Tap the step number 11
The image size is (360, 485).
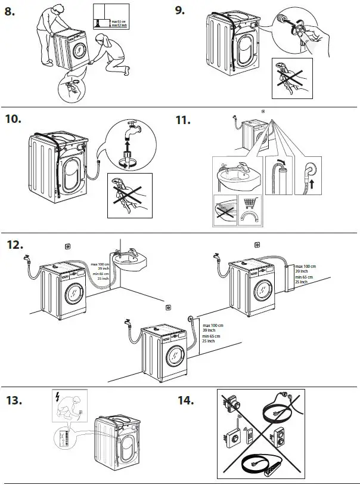click(x=183, y=121)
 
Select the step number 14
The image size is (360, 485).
click(x=185, y=400)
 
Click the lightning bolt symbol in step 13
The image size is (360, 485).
click(x=57, y=397)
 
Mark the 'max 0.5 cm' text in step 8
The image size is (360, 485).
click(x=112, y=21)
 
